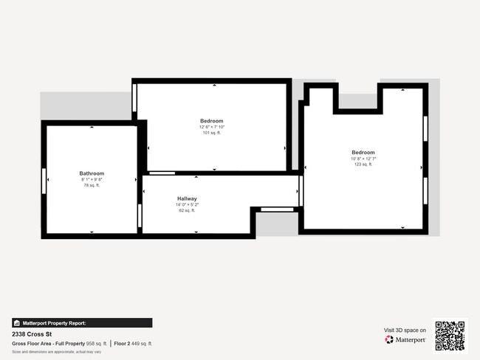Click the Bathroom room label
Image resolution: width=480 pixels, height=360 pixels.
coord(92,173)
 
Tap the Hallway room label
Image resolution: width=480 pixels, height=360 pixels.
coord(187,198)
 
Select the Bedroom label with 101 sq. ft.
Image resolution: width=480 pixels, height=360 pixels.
coord(211,121)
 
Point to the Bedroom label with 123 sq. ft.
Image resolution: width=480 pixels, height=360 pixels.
coord(363,153)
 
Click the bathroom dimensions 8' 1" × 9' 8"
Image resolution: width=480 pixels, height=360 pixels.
coord(92,179)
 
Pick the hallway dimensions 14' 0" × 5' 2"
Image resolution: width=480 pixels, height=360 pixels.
coord(187,204)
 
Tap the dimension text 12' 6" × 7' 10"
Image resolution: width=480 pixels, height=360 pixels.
coord(211,127)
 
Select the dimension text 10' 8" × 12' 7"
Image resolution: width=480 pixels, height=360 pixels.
coord(363,159)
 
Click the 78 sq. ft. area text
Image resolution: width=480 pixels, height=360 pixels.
coord(92,185)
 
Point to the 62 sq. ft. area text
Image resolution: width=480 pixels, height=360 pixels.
coord(187,210)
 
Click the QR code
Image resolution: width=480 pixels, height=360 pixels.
coord(450,335)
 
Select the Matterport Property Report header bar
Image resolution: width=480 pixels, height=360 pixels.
coord(82,323)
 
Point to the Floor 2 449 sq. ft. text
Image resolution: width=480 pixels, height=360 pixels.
coord(131,344)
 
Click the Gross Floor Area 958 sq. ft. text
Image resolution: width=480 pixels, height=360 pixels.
coord(59,344)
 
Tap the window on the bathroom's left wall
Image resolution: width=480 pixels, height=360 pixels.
coord(44,180)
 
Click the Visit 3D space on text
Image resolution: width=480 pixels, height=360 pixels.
coord(405,330)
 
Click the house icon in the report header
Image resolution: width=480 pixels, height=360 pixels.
coord(16,323)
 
